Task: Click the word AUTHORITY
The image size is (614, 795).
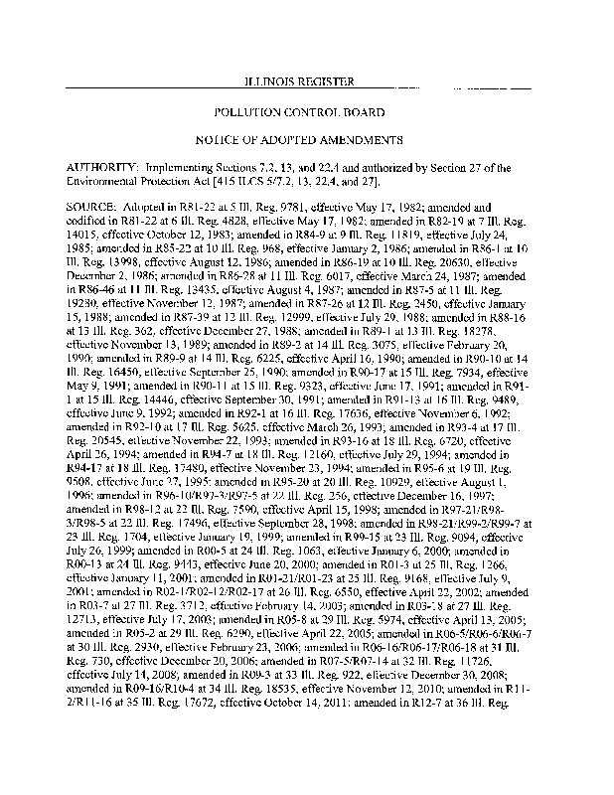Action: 103,165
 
